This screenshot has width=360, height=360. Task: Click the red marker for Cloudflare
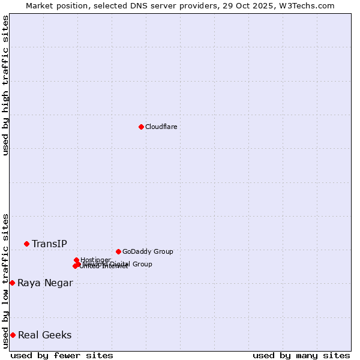click(141, 127)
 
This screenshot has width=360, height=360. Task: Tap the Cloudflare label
click(161, 127)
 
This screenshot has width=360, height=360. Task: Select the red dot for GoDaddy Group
click(118, 251)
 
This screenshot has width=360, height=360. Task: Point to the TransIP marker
click(26, 244)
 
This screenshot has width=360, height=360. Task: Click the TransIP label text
click(49, 244)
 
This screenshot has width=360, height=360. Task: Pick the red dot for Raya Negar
click(12, 283)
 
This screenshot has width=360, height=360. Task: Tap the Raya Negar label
click(45, 283)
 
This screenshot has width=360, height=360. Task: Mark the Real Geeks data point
click(13, 335)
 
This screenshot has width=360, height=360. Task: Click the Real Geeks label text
click(44, 335)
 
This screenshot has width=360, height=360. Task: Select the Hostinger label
click(95, 260)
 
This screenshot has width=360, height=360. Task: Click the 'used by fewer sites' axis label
click(62, 355)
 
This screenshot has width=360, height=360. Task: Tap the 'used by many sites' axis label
click(301, 355)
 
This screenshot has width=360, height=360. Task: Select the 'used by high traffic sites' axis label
click(5, 85)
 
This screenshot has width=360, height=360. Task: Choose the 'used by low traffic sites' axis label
click(5, 281)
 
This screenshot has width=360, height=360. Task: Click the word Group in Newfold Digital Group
click(142, 264)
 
